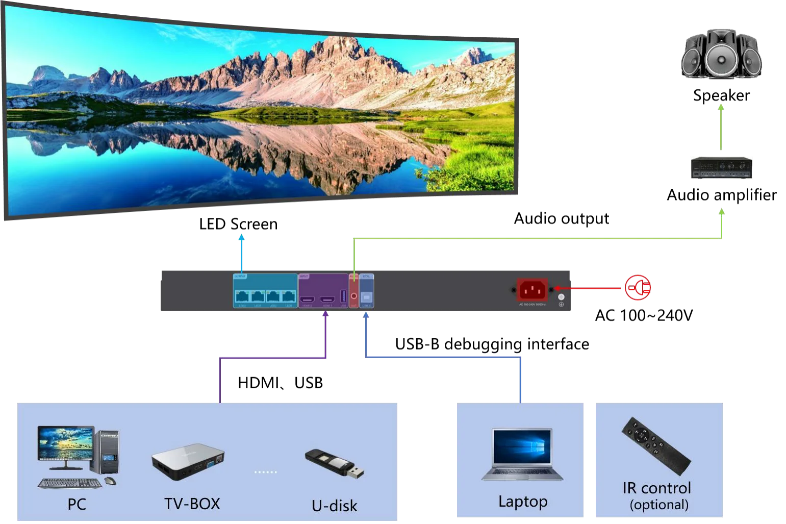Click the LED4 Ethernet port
coord(242,296)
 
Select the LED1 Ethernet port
coord(289,296)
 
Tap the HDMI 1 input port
coord(327,298)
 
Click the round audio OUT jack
coord(354,295)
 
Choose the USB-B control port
coord(366,296)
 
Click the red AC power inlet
coord(533,290)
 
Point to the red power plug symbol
coord(638,288)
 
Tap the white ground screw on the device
coord(561,296)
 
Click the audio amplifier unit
coord(722,167)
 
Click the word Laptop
coord(523,502)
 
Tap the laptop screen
coord(522,447)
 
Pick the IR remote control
coord(656,445)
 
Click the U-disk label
coord(334,506)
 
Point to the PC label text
coord(77,505)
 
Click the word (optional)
coord(659,505)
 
